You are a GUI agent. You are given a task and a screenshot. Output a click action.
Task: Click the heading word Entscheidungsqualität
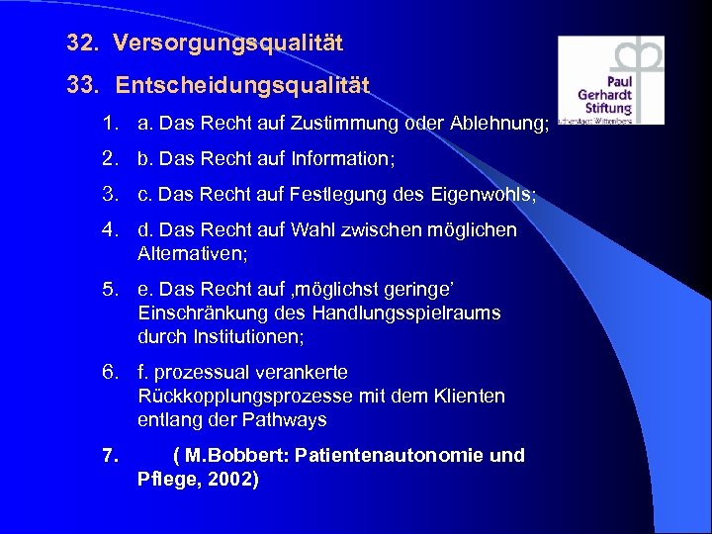tap(242, 86)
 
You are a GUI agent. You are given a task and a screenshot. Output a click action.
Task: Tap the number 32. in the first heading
tap(85, 44)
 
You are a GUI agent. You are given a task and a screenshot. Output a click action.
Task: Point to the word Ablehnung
tap(489, 124)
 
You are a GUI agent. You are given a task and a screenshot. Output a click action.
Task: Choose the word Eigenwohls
tap(484, 195)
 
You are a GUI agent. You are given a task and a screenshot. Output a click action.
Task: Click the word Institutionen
tap(246, 336)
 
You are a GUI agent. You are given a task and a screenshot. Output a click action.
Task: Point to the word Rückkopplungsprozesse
tap(245, 397)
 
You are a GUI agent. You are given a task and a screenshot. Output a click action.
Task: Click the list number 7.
tap(110, 457)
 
